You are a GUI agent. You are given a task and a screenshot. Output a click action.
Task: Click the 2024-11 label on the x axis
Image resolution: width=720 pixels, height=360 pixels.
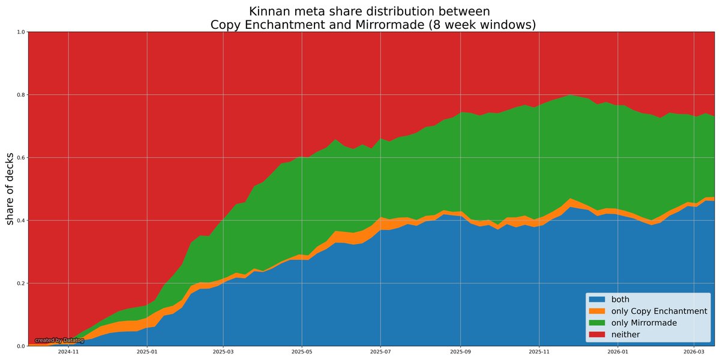coord(68,353)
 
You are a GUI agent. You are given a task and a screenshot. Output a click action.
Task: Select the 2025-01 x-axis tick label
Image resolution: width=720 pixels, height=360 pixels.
coord(147,353)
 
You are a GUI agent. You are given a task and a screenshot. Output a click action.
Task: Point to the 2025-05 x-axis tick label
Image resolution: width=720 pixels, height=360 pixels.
coord(302,353)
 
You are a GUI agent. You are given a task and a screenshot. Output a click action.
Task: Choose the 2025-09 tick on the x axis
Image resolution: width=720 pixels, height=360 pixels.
coord(460,353)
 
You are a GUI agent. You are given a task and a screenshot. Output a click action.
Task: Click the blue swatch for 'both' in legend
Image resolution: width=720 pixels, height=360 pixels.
coord(597,299)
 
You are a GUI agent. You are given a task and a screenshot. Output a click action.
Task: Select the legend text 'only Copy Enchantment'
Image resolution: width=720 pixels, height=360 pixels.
coord(659,311)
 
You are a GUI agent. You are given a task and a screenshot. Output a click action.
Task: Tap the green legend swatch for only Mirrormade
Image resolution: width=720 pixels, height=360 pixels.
coord(597,323)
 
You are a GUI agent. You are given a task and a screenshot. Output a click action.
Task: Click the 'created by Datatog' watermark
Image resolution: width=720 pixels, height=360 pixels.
coord(59,340)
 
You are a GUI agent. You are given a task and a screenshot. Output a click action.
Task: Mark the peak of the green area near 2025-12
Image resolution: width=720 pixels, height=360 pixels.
coord(569,95)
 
